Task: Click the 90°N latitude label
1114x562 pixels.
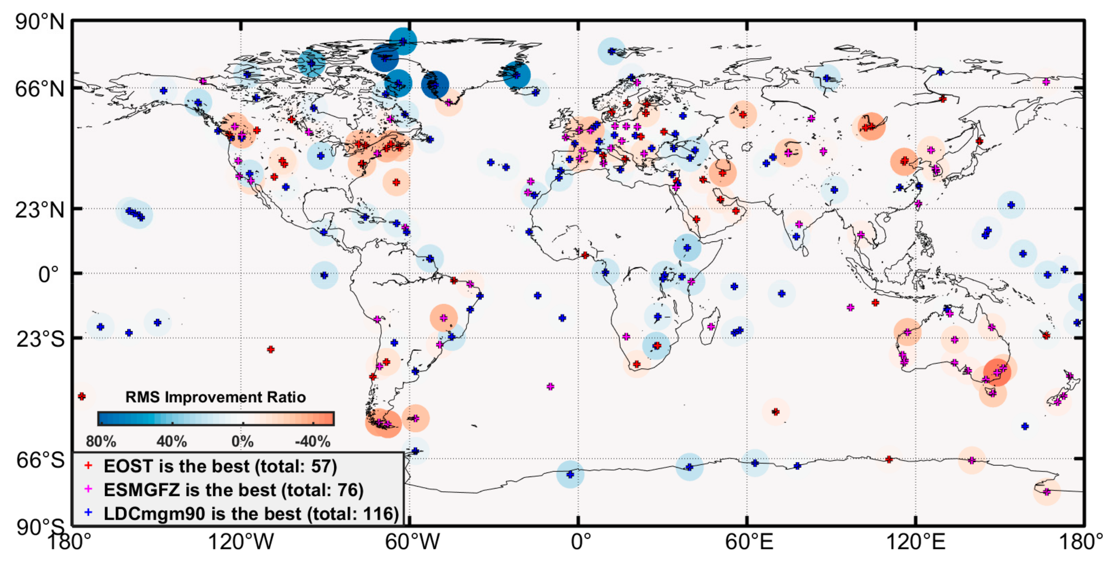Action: [x=40, y=21]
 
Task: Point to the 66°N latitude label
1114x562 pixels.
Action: [x=40, y=89]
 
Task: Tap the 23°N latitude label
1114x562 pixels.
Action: [x=40, y=210]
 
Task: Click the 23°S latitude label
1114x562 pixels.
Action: [x=40, y=339]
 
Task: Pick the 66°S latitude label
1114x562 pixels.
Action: [x=40, y=460]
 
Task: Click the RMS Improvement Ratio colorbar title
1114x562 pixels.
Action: [x=215, y=397]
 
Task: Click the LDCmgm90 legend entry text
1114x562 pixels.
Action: [x=251, y=514]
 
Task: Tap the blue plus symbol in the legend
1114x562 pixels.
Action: [x=88, y=513]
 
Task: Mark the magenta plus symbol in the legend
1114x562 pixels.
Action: [x=88, y=489]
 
